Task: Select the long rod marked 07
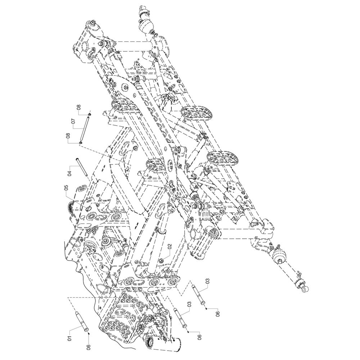tap(85, 129)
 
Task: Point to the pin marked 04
tap(82, 166)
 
